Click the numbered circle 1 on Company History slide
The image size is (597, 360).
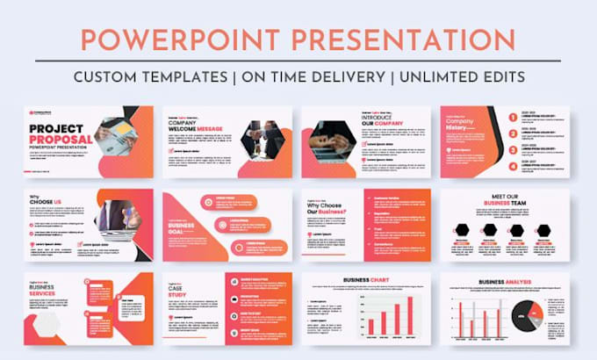[x=512, y=116]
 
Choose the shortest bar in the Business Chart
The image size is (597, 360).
[x=370, y=327]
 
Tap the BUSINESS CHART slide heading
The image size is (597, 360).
[x=368, y=280]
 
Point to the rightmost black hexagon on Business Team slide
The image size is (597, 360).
[x=542, y=230]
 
